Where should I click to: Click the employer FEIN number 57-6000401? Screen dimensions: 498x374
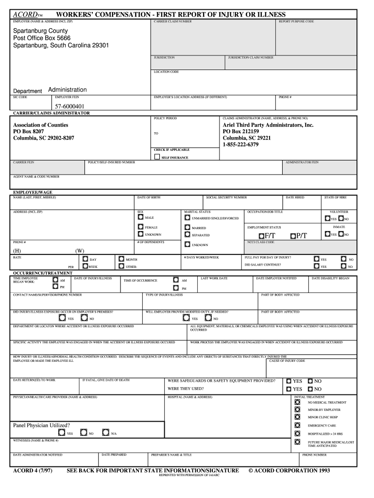(x=69, y=107)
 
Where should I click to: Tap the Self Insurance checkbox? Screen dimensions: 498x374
(x=156, y=157)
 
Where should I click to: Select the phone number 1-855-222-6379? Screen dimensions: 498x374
(x=240, y=144)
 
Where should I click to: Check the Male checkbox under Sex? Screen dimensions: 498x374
(x=141, y=217)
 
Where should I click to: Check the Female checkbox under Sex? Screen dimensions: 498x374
(x=141, y=227)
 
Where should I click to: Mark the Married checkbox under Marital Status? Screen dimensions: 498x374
(x=187, y=227)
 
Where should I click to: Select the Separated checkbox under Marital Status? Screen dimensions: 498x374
(x=187, y=235)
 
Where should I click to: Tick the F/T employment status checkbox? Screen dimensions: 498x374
(x=261, y=236)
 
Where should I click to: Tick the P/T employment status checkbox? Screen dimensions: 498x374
(x=293, y=236)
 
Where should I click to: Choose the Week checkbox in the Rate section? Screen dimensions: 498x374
(x=85, y=267)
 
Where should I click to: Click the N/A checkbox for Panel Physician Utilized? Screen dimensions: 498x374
(x=105, y=432)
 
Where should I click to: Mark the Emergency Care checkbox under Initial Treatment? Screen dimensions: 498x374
(x=297, y=425)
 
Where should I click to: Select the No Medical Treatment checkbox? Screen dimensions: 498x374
(x=297, y=402)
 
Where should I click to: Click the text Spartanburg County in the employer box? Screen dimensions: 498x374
(x=40, y=31)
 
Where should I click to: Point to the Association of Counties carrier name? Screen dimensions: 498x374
(x=40, y=125)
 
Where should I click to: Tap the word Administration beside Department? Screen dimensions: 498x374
(x=68, y=90)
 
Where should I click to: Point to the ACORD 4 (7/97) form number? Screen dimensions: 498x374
(x=33, y=471)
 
